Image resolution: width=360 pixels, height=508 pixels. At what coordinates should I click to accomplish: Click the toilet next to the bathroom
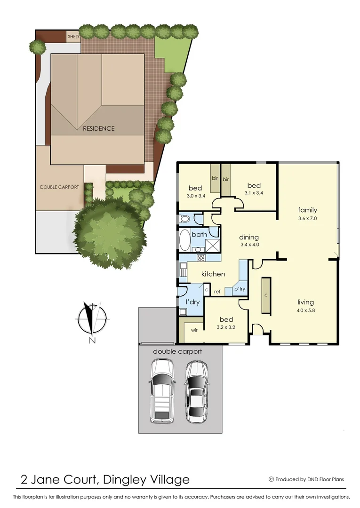[184, 219]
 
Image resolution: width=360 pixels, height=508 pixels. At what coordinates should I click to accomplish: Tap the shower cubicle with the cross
[212, 245]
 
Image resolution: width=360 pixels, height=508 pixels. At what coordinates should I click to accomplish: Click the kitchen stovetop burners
[201, 257]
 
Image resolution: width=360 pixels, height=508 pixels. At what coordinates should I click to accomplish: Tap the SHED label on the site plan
[73, 36]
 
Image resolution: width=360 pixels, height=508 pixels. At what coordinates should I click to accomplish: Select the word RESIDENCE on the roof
[98, 128]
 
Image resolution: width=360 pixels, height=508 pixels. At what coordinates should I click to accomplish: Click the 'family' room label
[307, 210]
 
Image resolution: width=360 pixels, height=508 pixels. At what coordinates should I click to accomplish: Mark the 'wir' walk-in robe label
[194, 330]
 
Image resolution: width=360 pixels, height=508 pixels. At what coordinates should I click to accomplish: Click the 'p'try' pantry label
[240, 289]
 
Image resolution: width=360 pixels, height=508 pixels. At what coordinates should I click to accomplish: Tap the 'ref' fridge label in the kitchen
[217, 292]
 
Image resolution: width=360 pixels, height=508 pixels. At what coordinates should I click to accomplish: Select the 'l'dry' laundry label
[193, 302]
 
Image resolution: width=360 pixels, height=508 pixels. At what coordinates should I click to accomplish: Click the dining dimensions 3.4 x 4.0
[249, 245]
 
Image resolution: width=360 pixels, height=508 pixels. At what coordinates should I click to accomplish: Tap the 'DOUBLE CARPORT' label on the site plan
[59, 187]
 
